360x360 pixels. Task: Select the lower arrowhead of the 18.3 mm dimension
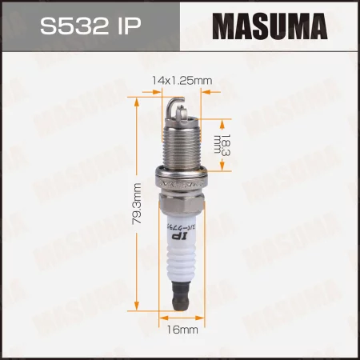[x=206, y=167]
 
